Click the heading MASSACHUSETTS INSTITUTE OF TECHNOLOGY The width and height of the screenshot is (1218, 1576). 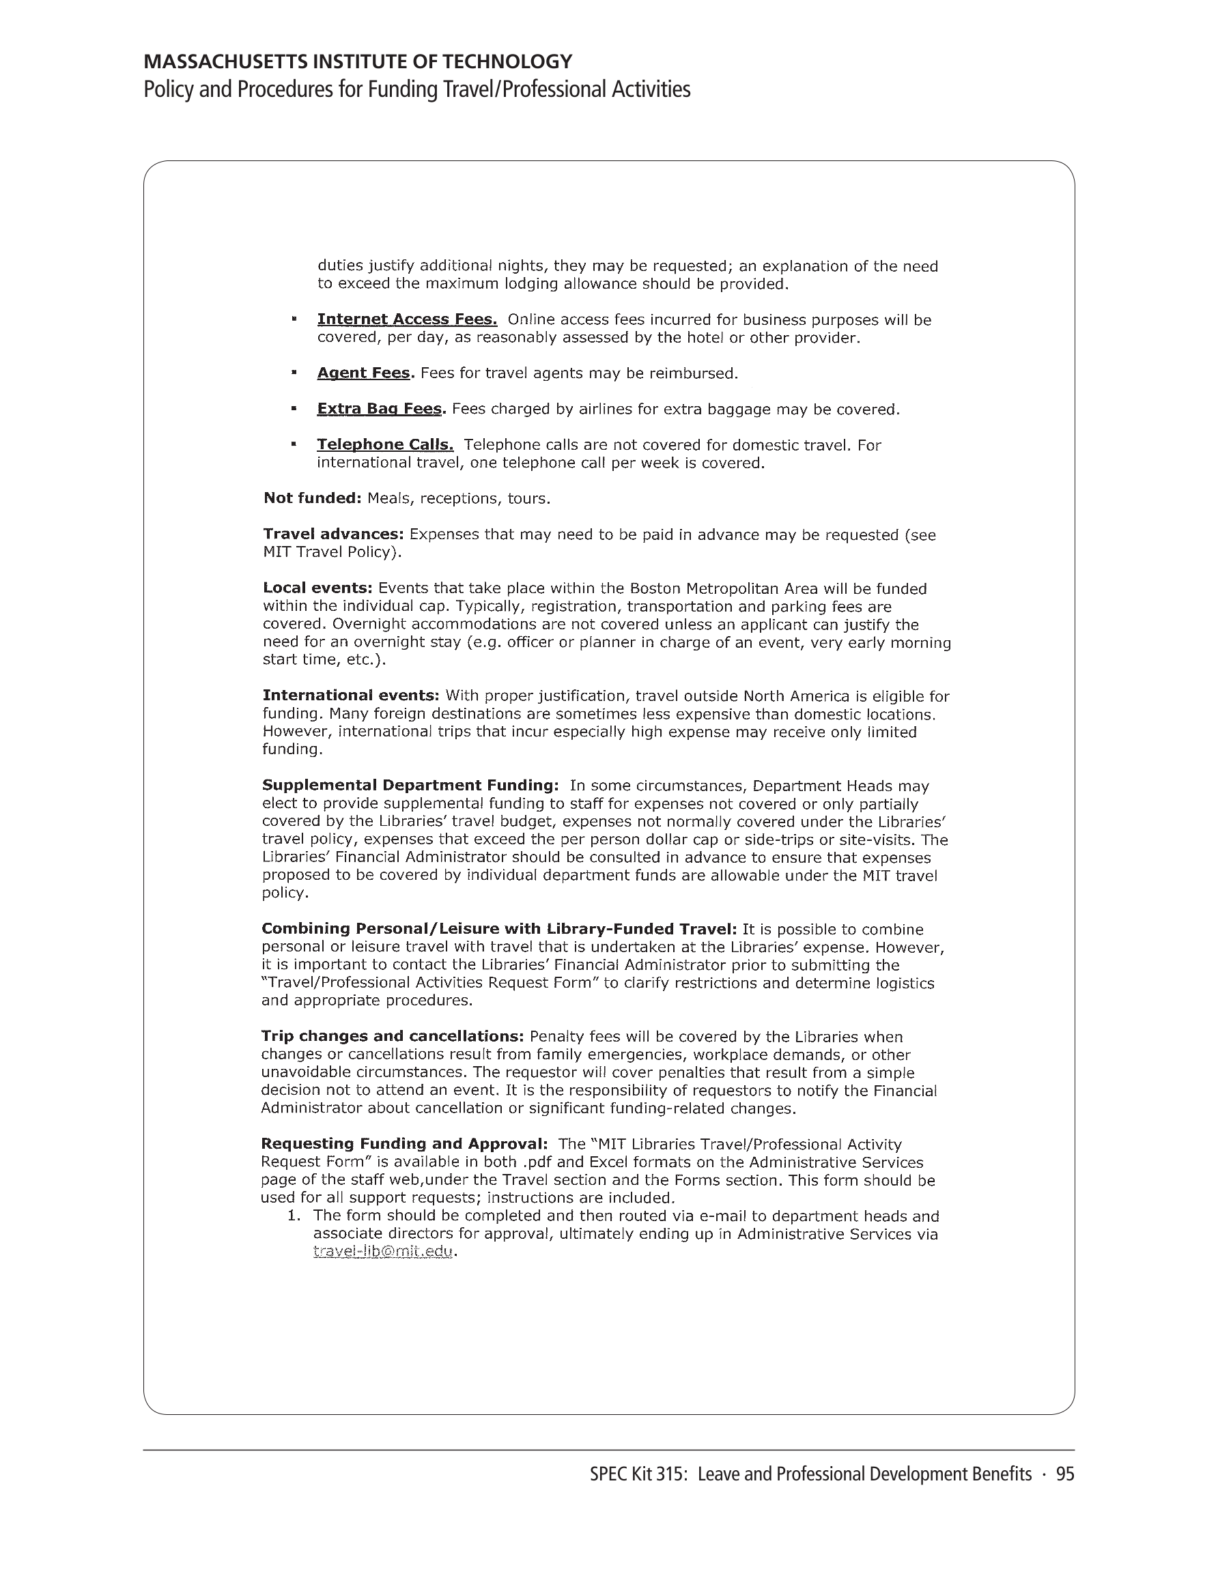tap(357, 61)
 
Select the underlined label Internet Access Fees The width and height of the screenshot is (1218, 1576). tap(406, 319)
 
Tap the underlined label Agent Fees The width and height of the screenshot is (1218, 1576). tap(363, 373)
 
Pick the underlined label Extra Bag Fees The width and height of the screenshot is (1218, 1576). tap(379, 409)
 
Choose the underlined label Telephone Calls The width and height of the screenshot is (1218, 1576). tap(385, 444)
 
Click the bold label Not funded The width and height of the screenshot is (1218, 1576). tap(311, 498)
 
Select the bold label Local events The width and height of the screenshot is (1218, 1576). tap(317, 588)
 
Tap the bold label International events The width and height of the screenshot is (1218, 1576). tap(350, 696)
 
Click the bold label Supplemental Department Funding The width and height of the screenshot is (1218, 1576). tap(410, 785)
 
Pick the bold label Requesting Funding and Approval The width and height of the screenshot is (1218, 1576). tap(403, 1144)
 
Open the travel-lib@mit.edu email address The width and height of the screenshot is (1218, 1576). tap(384, 1251)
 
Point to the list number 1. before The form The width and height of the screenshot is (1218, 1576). tap(293, 1216)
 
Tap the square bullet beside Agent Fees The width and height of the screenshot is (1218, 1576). tap(294, 373)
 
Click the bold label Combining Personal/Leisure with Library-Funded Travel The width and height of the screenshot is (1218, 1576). tap(498, 929)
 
